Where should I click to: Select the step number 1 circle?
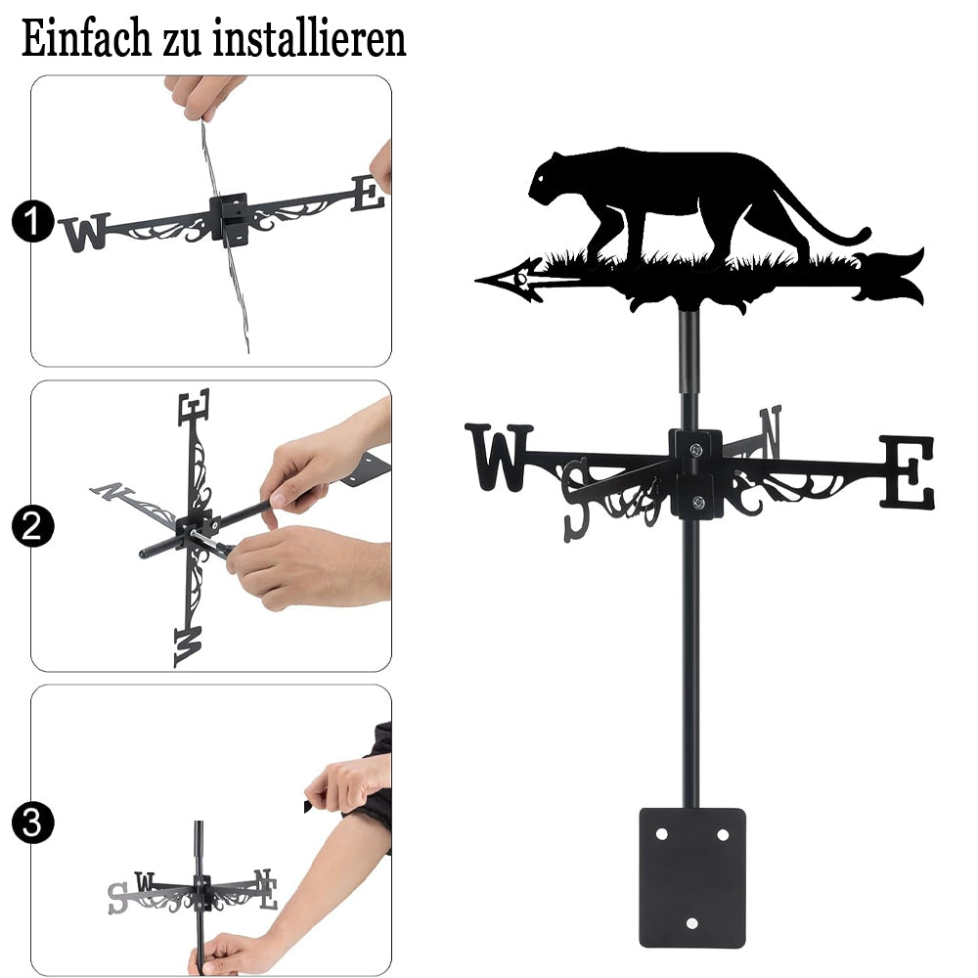[32, 221]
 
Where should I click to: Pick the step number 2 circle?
[32, 526]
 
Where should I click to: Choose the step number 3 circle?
[32, 822]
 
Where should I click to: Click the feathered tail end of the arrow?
[893, 277]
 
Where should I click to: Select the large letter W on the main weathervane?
[499, 457]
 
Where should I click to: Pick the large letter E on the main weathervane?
[908, 472]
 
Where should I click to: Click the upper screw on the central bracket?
[696, 449]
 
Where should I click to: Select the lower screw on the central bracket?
[698, 502]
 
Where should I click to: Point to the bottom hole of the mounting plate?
[691, 923]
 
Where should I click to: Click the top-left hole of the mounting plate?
[662, 834]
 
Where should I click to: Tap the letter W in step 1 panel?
[85, 233]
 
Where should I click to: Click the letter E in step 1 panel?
[368, 194]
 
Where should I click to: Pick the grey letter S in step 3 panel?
[117, 898]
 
